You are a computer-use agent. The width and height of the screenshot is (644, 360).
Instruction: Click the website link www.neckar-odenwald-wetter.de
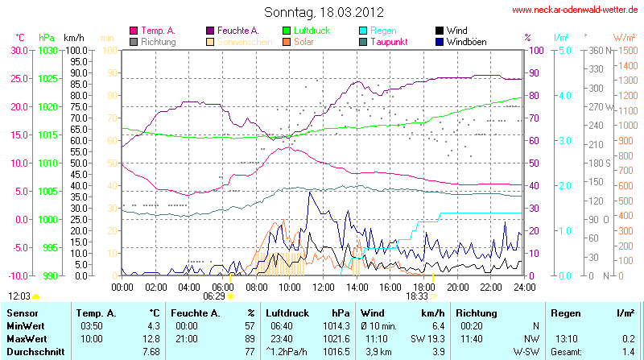(576, 10)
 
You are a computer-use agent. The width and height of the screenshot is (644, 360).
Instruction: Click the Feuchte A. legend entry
(237, 30)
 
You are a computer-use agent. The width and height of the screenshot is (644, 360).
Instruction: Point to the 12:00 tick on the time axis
(323, 286)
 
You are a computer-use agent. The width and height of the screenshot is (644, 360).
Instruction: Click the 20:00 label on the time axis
(457, 286)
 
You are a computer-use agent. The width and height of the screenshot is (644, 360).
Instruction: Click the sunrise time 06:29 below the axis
(214, 296)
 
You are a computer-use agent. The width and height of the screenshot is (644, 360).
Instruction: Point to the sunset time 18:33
(416, 296)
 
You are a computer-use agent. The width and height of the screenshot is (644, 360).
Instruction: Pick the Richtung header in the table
(477, 312)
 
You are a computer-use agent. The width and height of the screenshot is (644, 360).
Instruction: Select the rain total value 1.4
(627, 352)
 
